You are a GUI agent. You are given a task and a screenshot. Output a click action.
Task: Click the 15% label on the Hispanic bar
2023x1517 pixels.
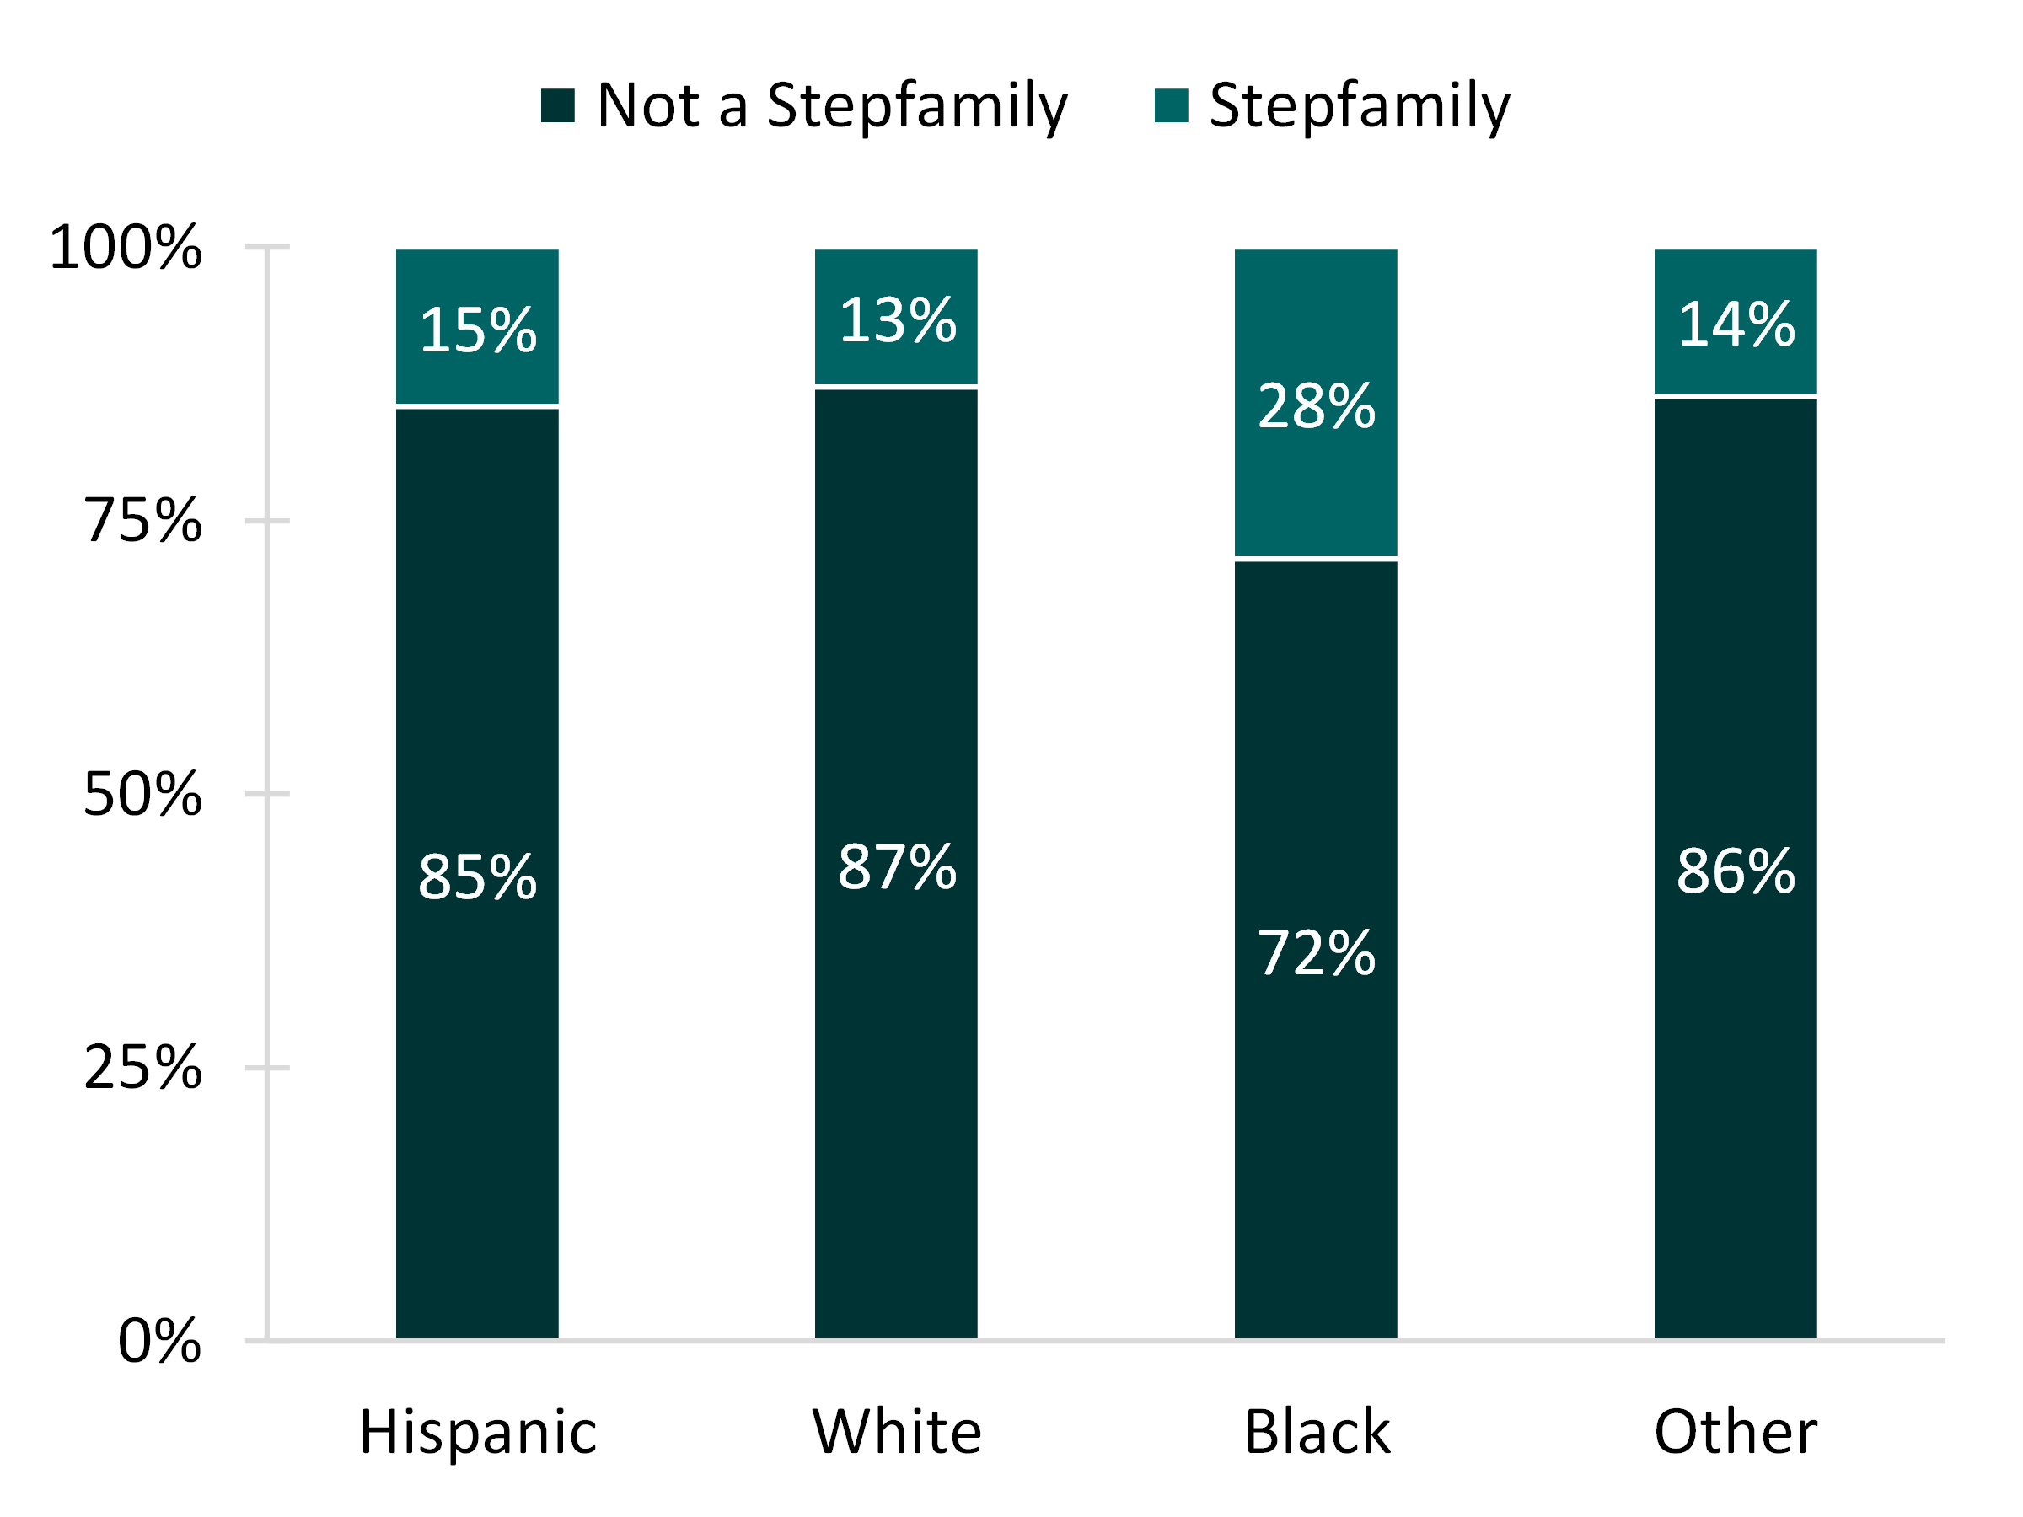pos(477,330)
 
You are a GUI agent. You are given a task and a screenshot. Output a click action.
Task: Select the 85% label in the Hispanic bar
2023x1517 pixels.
pos(477,877)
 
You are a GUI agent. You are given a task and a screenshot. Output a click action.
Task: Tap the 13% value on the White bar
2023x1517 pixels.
pos(897,321)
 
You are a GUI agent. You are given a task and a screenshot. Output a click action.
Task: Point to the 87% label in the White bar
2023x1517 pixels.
pos(897,867)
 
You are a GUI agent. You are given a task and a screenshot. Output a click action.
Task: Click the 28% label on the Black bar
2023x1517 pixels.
pos(1316,407)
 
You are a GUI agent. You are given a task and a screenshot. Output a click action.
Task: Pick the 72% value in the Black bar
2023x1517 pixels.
pos(1316,953)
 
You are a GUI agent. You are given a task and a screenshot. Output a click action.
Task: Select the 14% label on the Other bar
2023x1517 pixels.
pos(1736,324)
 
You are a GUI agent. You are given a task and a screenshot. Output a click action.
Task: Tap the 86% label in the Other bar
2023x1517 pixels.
pos(1736,871)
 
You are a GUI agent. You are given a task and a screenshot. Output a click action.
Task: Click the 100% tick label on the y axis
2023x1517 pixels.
pos(126,248)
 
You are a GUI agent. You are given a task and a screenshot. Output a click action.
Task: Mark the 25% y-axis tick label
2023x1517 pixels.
pos(142,1067)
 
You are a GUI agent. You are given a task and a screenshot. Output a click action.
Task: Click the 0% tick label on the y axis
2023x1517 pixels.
pos(159,1342)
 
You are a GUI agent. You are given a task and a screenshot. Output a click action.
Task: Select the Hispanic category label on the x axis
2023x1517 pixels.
pos(477,1432)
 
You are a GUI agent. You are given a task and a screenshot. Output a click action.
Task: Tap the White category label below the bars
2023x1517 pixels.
pos(897,1432)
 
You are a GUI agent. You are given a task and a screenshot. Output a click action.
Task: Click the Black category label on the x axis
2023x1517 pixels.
pos(1316,1432)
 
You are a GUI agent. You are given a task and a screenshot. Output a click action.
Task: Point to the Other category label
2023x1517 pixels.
pos(1736,1432)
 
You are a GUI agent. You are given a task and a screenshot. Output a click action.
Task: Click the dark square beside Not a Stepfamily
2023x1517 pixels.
pos(558,105)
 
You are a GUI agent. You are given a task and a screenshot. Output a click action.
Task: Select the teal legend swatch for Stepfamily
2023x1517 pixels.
pos(1172,105)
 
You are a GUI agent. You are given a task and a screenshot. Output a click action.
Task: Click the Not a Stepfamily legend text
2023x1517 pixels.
pos(831,105)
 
